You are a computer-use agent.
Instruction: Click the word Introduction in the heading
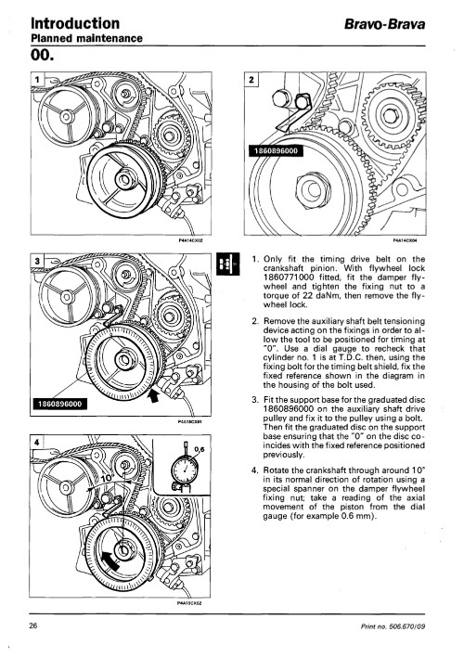click(x=75, y=23)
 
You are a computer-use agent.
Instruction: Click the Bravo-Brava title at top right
click(x=385, y=24)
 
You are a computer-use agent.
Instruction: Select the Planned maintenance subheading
click(x=86, y=39)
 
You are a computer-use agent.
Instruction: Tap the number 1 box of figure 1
click(x=37, y=79)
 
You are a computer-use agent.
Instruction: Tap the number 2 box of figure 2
click(x=251, y=79)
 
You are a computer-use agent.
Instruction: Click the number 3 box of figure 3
click(x=37, y=261)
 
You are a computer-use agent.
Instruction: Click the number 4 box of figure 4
click(x=37, y=442)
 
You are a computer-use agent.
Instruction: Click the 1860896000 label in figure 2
click(x=276, y=151)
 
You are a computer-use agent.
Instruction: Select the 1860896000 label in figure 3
click(x=59, y=404)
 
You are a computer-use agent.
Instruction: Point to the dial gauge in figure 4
click(x=185, y=468)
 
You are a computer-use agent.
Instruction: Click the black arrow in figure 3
click(x=154, y=395)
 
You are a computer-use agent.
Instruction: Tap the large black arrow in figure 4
click(x=110, y=560)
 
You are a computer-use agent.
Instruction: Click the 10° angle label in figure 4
click(x=107, y=479)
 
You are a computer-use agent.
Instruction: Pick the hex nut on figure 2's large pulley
click(x=313, y=189)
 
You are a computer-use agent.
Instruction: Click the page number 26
click(x=33, y=626)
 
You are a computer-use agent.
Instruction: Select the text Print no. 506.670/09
click(x=393, y=626)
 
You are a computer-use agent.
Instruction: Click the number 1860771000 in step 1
click(x=289, y=277)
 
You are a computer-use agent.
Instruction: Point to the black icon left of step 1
click(x=228, y=264)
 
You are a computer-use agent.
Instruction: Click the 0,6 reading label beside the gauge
click(x=200, y=449)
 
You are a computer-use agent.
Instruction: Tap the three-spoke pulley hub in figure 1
click(x=67, y=116)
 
